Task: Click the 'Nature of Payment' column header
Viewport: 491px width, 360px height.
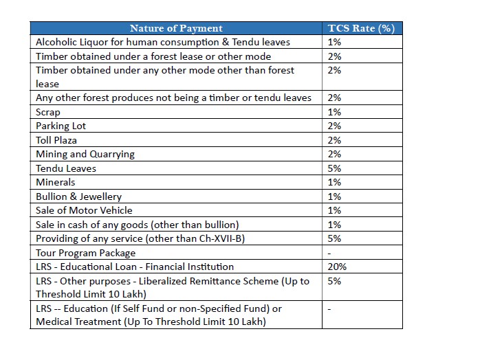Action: [x=176, y=28]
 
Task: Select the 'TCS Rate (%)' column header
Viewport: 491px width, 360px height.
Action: [x=361, y=28]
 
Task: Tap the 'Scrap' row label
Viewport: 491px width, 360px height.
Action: [x=48, y=112]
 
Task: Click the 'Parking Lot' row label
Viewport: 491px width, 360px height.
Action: [x=61, y=126]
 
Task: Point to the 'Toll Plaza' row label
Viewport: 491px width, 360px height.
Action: [x=56, y=140]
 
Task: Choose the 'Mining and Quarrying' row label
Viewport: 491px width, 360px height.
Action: [x=85, y=154]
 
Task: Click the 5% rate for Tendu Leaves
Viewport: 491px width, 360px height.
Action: [x=334, y=168]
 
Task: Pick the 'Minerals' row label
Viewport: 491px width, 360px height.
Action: [x=56, y=182]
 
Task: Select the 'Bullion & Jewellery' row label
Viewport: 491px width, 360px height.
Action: [x=78, y=196]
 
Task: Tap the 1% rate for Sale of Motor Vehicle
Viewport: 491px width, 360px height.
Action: [x=334, y=210]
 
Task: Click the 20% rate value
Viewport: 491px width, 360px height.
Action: [x=337, y=267]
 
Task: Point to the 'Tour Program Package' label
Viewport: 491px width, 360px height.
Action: [x=85, y=253]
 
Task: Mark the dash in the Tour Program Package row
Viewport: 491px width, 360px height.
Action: [x=329, y=254]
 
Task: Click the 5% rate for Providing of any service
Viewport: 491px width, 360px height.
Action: [x=334, y=238]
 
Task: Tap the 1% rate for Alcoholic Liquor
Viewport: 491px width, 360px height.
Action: [x=334, y=42]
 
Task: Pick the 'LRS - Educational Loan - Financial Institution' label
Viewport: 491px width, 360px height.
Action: [x=135, y=267]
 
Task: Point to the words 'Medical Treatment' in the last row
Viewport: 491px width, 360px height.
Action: [x=78, y=322]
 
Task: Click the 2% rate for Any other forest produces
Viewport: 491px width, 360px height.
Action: [x=334, y=98]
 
